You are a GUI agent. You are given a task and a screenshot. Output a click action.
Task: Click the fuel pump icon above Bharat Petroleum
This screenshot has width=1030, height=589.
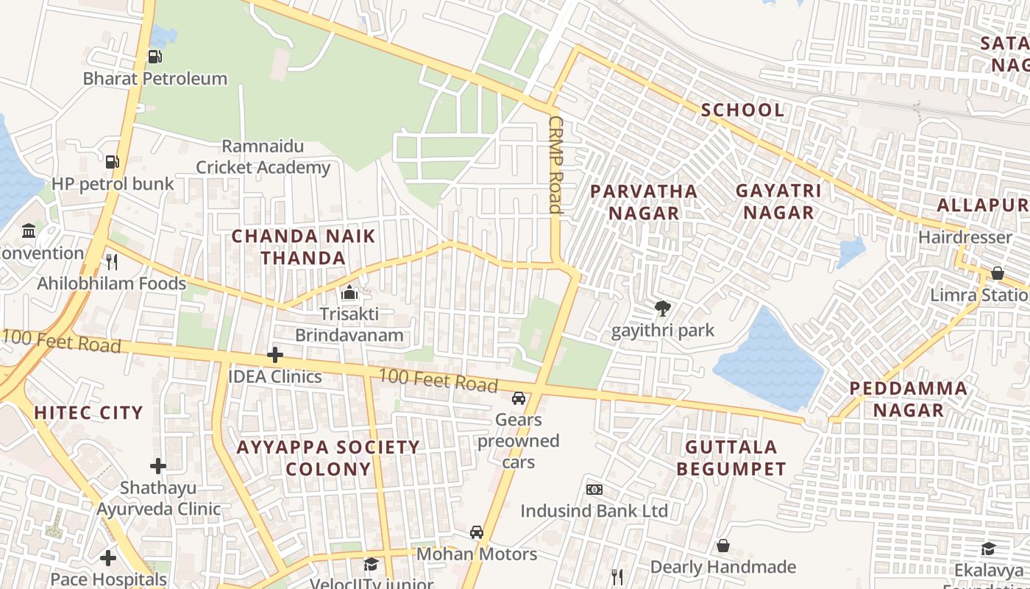coord(154,56)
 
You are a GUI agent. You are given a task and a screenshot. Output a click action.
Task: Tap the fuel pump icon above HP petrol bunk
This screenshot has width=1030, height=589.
coord(112,161)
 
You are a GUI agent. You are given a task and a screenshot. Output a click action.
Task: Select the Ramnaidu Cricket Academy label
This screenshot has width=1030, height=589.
coord(263,157)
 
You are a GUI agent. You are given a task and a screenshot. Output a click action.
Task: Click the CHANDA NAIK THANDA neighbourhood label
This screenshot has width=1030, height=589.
coord(303,247)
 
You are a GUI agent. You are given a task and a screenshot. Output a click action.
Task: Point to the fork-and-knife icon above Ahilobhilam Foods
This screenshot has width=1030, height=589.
coord(112,261)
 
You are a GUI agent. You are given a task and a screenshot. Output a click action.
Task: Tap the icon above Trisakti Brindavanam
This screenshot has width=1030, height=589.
coord(349,293)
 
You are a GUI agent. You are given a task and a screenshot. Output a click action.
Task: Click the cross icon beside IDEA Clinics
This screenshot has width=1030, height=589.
coord(274,356)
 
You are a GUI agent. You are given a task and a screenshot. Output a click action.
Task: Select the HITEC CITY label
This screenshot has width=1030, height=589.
coord(88,412)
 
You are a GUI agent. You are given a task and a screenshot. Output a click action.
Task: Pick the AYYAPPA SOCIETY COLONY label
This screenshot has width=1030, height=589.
coord(328,457)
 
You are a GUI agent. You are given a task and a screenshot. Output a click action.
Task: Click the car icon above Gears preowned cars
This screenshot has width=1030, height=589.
coord(519,398)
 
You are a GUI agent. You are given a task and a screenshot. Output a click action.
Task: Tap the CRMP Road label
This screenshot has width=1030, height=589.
coord(555,165)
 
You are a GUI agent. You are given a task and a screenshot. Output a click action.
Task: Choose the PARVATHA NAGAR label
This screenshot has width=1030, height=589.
coord(644,202)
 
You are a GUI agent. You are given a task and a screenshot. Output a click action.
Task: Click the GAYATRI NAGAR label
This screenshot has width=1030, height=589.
coord(778,202)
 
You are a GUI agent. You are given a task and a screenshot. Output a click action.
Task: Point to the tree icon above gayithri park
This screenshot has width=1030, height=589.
coord(662,308)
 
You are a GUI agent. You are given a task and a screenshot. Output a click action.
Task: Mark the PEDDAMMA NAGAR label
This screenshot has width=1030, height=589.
coord(908,399)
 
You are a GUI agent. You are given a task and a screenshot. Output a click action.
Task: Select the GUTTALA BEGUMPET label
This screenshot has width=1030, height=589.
coord(731,457)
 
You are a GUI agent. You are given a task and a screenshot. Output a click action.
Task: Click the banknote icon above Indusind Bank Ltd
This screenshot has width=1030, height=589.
coord(594,490)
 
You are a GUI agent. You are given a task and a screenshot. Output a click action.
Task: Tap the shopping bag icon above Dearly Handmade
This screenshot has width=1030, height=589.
coord(723,546)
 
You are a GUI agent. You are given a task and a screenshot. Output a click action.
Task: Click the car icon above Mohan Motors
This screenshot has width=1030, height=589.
coord(477,532)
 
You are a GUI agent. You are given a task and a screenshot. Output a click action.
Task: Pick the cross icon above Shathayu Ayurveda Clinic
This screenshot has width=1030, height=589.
coord(158,465)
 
